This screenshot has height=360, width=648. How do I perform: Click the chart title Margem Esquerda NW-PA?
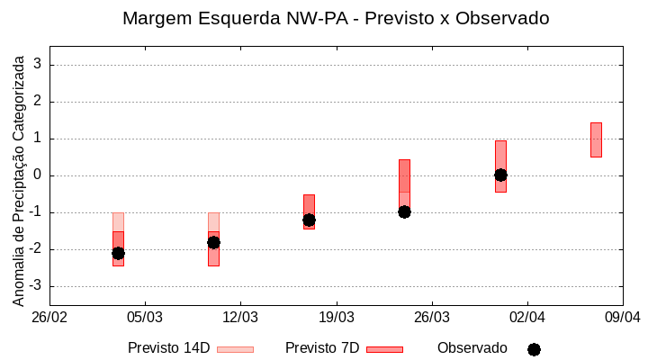[335, 18]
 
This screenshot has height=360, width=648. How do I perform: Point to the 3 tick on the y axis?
[38, 65]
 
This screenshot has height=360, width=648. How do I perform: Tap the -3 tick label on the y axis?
[35, 286]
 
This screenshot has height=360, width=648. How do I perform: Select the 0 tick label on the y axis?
[38, 175]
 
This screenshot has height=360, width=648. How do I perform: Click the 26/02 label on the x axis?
[49, 318]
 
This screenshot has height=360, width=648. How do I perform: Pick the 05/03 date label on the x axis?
[145, 318]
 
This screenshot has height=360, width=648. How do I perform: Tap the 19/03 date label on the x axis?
[336, 318]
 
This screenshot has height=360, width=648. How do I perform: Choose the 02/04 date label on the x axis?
[527, 318]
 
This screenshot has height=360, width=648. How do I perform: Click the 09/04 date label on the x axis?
[622, 318]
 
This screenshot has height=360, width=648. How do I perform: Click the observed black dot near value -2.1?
[118, 253]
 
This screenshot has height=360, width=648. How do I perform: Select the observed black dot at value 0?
[500, 175]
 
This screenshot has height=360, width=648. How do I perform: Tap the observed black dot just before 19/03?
[309, 220]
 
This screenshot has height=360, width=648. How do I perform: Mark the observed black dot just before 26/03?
[404, 211]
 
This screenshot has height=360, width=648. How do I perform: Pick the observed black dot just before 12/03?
[213, 242]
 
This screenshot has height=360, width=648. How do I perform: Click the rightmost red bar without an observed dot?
[596, 139]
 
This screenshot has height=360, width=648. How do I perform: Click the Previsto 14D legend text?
[168, 348]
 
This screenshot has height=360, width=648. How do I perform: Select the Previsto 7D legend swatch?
[384, 349]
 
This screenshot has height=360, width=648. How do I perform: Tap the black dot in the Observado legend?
[534, 349]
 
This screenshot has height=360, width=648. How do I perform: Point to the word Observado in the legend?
[472, 348]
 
